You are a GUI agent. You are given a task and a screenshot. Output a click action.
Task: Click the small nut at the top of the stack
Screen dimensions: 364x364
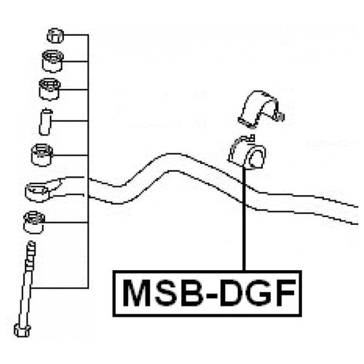pos(55,36)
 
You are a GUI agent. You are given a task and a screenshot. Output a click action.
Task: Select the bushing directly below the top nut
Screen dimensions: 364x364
pos(52,61)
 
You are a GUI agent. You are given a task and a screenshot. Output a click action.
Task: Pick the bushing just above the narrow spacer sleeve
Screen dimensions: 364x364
pos(50,89)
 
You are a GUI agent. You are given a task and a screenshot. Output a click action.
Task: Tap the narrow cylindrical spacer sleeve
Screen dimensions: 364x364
pos(46,122)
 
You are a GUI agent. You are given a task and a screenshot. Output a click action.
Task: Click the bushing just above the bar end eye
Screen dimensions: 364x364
pos(42,155)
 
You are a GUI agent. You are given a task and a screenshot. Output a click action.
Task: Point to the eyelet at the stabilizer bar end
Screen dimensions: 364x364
pos(39,191)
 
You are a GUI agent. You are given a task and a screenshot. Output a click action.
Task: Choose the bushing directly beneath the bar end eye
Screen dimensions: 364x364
pos(34,222)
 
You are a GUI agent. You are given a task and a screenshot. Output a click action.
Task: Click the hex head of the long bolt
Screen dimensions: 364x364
pos(23,330)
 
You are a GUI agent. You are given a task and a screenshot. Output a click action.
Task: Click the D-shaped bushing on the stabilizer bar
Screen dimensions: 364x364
pos(248,153)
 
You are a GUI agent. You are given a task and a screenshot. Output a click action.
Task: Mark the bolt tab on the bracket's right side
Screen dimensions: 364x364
pos(279,116)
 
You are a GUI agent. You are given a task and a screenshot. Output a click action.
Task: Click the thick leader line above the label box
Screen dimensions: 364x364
pos(244,218)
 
